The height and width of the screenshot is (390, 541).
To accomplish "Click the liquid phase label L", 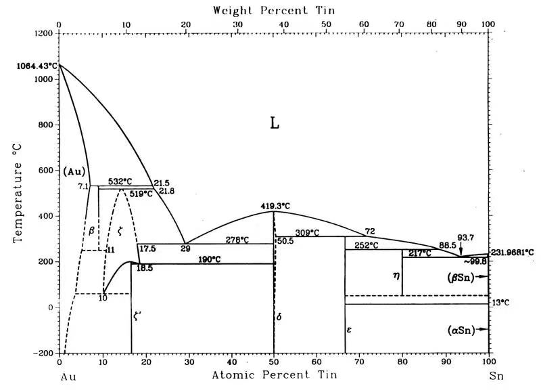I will point(274,123).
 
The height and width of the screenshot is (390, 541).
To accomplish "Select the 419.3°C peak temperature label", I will point(275,206).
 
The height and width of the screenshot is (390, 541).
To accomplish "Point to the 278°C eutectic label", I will point(237,240).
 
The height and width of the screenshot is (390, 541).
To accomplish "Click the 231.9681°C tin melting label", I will point(511,252).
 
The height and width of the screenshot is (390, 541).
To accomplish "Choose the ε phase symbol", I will point(350,330).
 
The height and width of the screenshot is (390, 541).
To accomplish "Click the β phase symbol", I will point(91,231).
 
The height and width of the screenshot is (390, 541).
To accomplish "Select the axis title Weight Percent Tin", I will point(273,10).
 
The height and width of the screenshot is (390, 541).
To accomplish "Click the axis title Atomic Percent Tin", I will point(273,374).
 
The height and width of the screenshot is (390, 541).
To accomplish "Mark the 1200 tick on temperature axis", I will point(43,33).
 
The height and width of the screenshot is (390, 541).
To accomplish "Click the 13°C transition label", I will point(500,303).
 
